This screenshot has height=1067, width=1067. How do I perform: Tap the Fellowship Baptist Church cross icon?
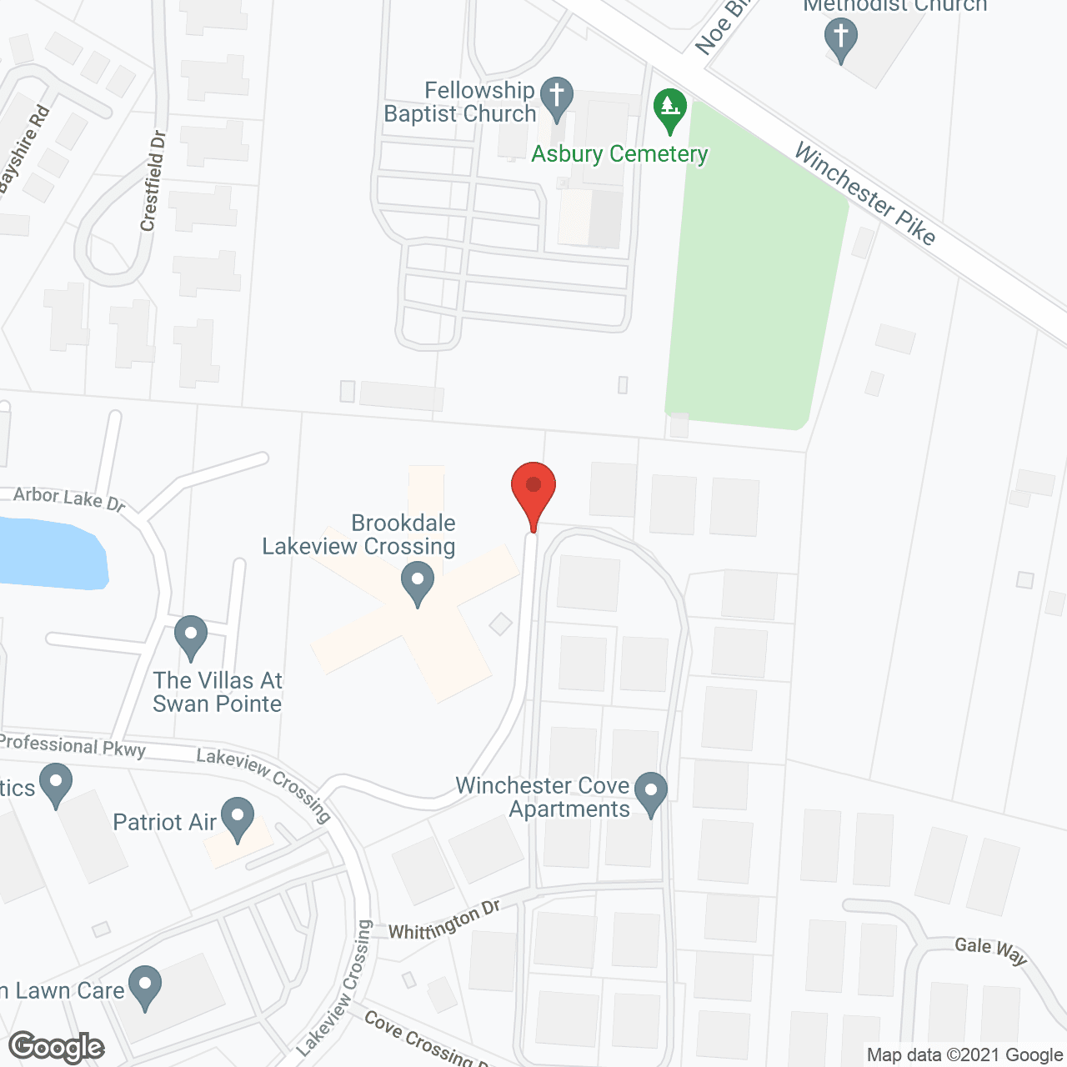[x=557, y=98]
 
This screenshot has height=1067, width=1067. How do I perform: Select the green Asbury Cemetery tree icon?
[x=669, y=109]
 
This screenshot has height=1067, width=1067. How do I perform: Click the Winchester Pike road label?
[x=864, y=193]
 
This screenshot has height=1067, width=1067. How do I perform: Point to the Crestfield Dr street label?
[x=153, y=181]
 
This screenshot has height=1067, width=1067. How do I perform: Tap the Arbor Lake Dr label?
[x=69, y=499]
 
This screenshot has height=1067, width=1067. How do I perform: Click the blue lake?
[x=50, y=551]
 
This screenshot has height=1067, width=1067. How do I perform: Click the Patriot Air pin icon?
[x=238, y=818]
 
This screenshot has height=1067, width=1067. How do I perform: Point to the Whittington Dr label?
[x=444, y=920]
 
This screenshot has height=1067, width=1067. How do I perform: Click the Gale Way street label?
[x=991, y=949]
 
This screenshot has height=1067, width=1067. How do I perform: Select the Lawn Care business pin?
[x=145, y=985]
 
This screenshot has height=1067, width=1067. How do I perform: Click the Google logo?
[x=57, y=1047]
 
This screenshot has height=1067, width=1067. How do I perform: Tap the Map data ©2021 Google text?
[x=964, y=1055]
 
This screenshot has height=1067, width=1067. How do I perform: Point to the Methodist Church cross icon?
[x=840, y=38]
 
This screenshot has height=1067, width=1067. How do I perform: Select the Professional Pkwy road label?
[x=73, y=745]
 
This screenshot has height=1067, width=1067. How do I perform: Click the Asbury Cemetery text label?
[x=619, y=154]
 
